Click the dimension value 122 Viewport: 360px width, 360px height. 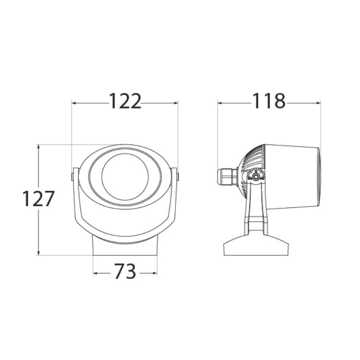pyautogui.click(x=125, y=102)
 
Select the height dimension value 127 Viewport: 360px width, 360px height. pyautogui.click(x=39, y=198)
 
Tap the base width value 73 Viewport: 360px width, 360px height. pyautogui.click(x=125, y=272)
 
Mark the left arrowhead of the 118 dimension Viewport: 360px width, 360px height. pyautogui.click(x=220, y=103)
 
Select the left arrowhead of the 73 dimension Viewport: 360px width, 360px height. pyautogui.click(x=95, y=273)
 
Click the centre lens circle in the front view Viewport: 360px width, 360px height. pyautogui.click(x=125, y=176)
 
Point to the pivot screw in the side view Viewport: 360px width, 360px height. pyautogui.click(x=255, y=177)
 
